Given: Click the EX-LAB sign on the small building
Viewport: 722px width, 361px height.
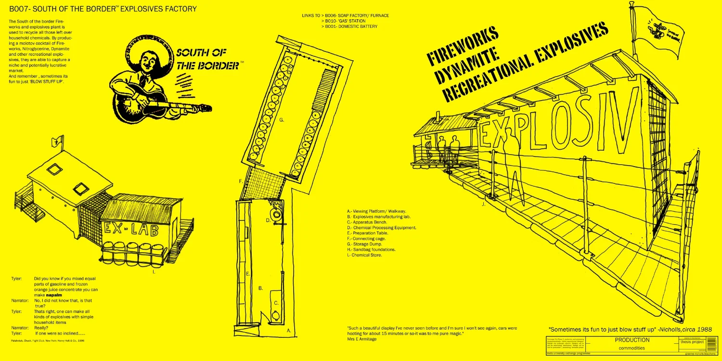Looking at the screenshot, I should click(130, 228).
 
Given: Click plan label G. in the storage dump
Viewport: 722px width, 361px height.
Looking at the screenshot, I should click(282, 120).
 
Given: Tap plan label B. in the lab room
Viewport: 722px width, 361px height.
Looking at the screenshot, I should click(260, 288).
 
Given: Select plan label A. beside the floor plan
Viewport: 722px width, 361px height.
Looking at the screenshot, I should click(289, 331).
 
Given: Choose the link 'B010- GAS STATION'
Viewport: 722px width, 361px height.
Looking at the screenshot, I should click(345, 21).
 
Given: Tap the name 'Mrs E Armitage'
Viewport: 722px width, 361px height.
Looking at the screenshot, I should click(362, 339).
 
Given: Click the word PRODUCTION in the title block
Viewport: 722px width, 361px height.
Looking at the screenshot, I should click(632, 340).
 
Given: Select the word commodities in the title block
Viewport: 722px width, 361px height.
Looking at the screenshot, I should click(632, 348).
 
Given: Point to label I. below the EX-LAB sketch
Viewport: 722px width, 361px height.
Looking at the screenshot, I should click(154, 272).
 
